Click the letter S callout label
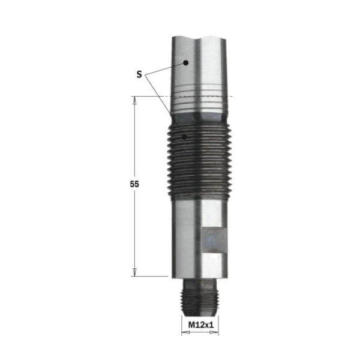coord(139,74)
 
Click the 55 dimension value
coord(134,184)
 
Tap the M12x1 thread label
coord(201,325)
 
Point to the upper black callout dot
coord(185,62)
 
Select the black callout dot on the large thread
coord(184,137)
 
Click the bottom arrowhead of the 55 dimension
coord(134,272)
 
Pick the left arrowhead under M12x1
coord(186,332)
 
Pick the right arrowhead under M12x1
coord(214,332)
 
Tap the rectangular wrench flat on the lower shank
coord(215,240)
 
